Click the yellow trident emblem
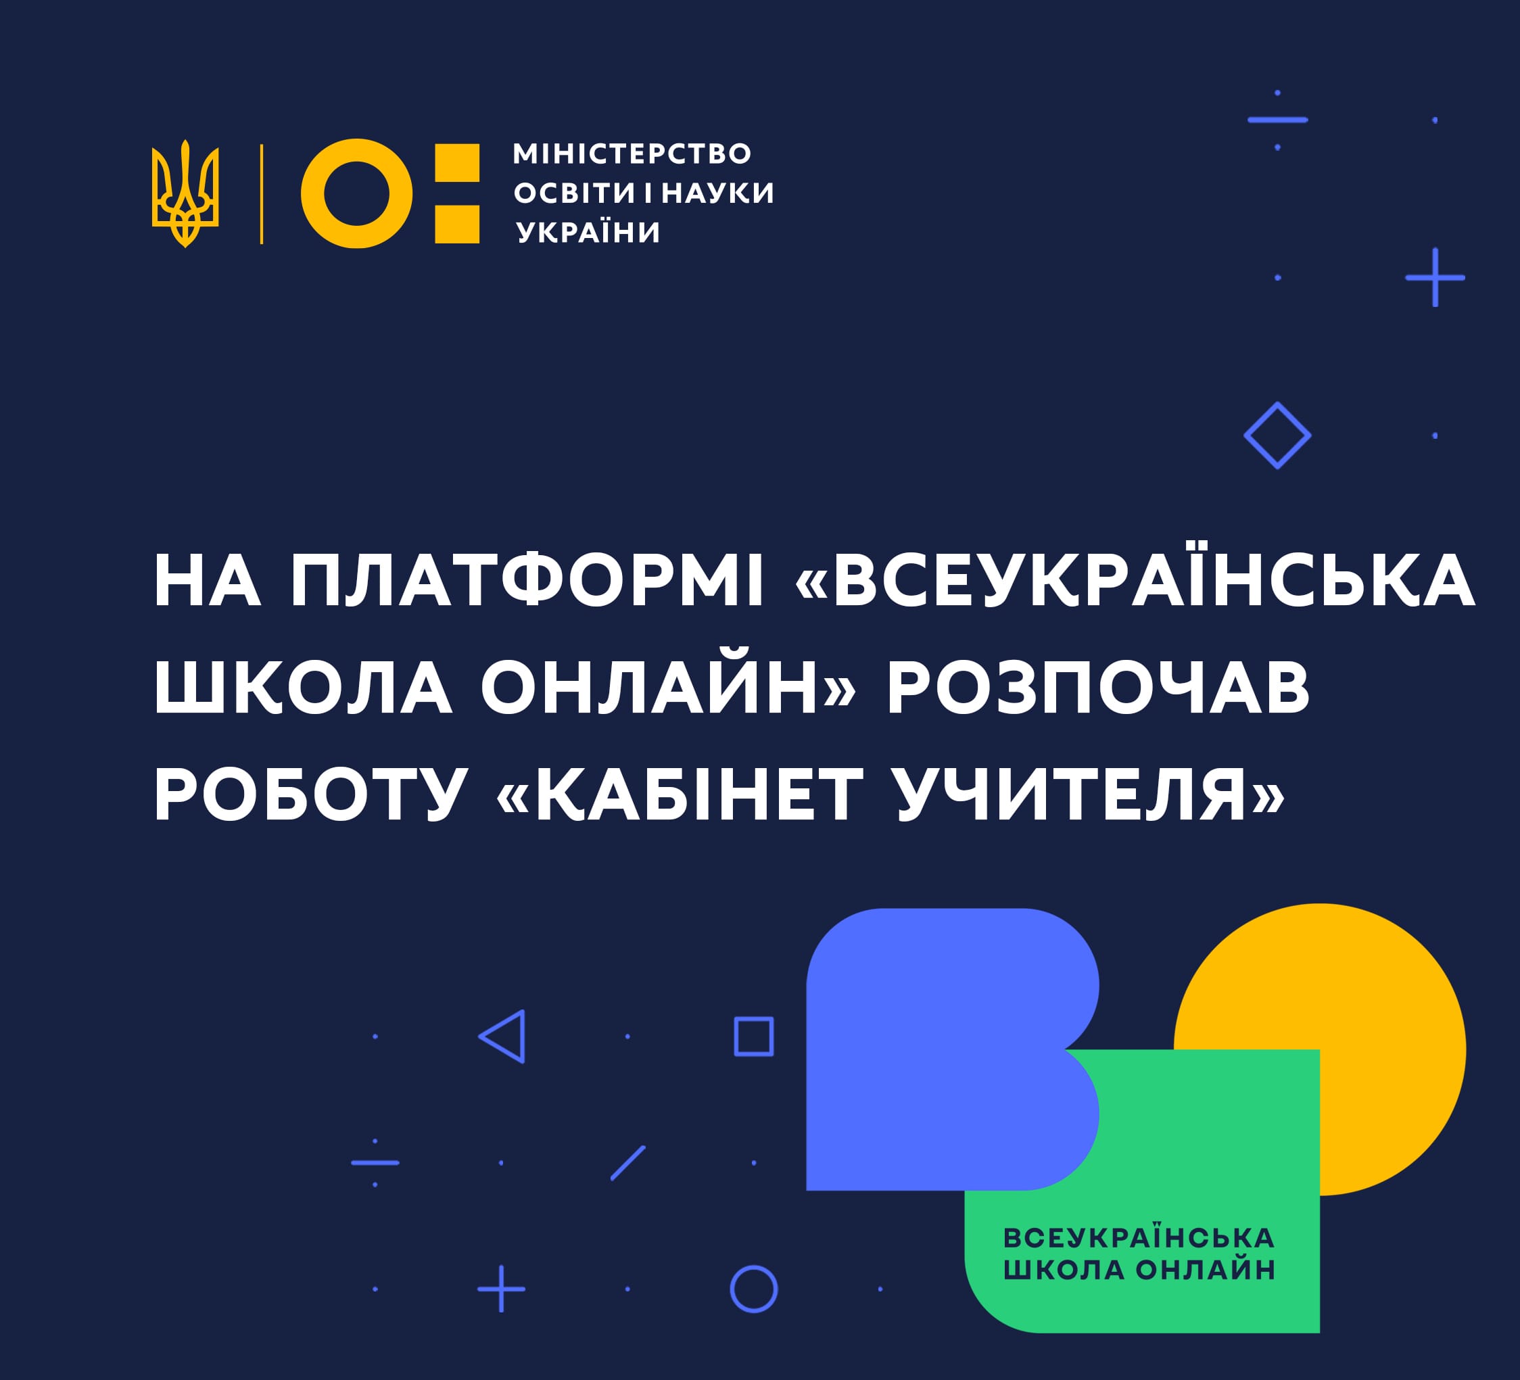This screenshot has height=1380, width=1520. pos(185,194)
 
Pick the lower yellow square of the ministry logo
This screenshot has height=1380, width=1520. pos(457,224)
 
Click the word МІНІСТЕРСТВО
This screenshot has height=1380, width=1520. pos(632,154)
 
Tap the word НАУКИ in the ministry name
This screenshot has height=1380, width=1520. pos(718,193)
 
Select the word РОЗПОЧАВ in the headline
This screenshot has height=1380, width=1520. pos(1099,687)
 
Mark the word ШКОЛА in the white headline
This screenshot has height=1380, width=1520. pos(303,687)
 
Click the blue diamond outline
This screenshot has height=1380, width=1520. pos(1277,435)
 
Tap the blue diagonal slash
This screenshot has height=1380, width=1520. pos(628,1162)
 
